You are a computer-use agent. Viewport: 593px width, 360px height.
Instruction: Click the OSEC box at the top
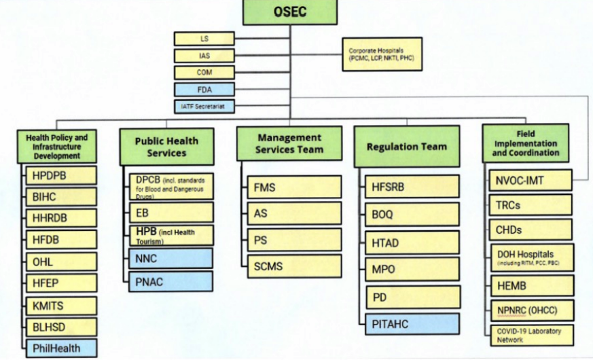pyautogui.click(x=290, y=12)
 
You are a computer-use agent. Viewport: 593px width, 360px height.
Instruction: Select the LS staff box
pyautogui.click(x=204, y=39)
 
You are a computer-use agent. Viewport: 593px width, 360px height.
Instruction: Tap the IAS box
pyautogui.click(x=204, y=56)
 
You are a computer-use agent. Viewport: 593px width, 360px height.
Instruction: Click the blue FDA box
pyautogui.click(x=204, y=89)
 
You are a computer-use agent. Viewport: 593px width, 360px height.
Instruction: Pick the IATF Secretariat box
pyautogui.click(x=204, y=106)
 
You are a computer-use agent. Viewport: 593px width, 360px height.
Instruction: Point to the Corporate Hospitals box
pyautogui.click(x=382, y=54)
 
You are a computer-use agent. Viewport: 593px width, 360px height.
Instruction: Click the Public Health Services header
pyautogui.click(x=166, y=147)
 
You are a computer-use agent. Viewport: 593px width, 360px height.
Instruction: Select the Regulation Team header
pyautogui.click(x=406, y=147)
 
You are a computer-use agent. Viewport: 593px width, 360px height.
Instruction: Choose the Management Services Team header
pyautogui.click(x=289, y=144)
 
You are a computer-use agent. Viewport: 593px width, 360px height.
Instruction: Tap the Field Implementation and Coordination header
pyautogui.click(x=525, y=143)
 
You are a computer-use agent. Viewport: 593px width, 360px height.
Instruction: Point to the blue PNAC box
pyautogui.click(x=170, y=282)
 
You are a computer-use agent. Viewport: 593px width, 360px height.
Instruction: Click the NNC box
pyautogui.click(x=170, y=258)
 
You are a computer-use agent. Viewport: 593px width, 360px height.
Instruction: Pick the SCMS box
pyautogui.click(x=293, y=265)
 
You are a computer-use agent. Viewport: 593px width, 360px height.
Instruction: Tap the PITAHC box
pyautogui.click(x=411, y=324)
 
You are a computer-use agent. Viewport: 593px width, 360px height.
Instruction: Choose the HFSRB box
pyautogui.click(x=411, y=186)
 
